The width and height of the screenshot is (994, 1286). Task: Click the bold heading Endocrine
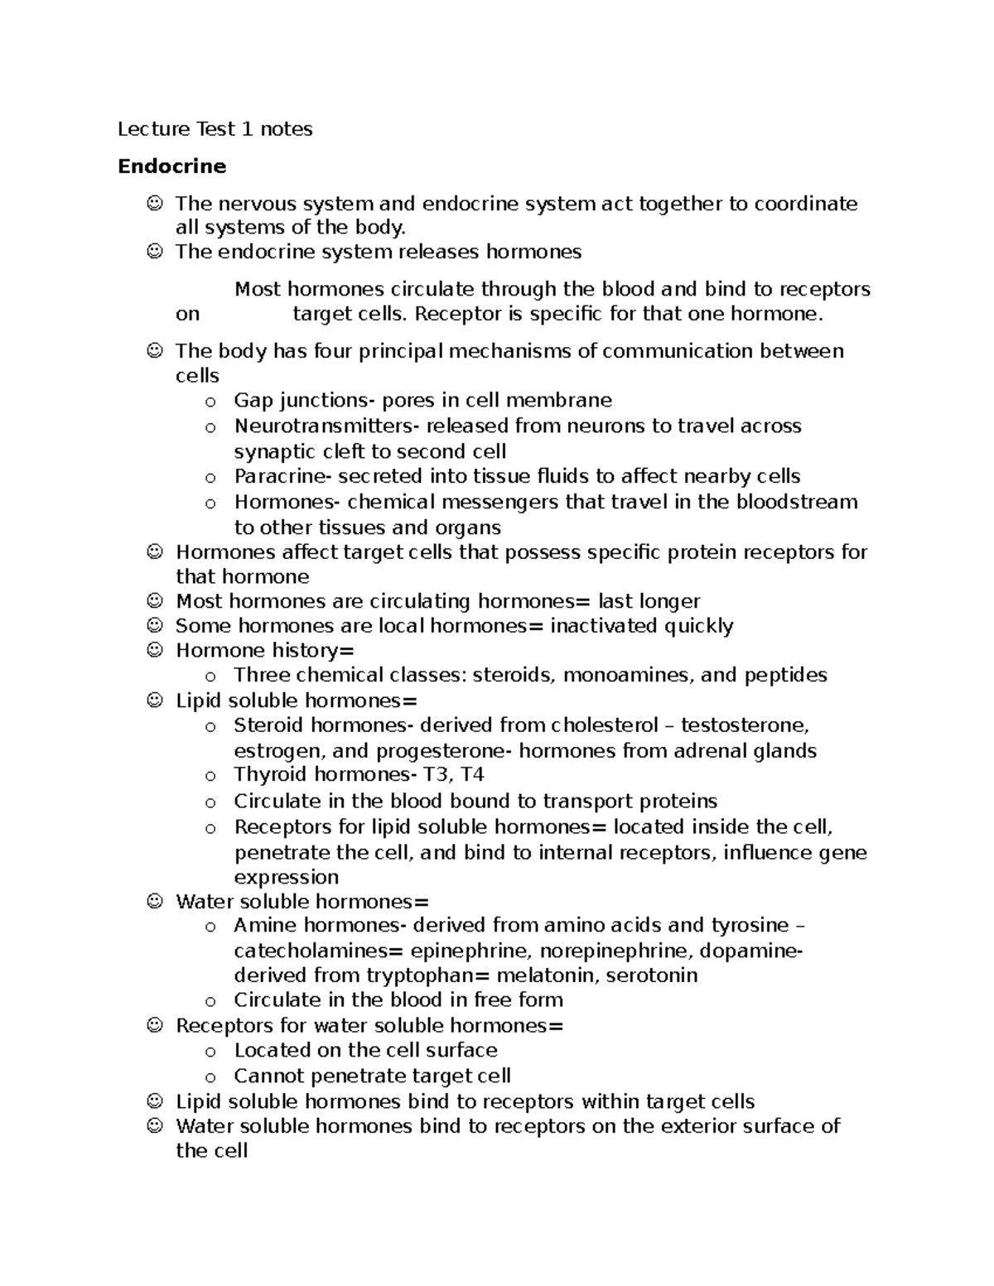pyautogui.click(x=171, y=166)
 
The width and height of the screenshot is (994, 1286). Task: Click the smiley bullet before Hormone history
pyautogui.click(x=154, y=651)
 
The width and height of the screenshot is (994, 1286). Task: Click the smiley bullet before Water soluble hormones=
pyautogui.click(x=154, y=902)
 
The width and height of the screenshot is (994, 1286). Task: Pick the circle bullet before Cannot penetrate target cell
pyautogui.click(x=210, y=1077)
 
